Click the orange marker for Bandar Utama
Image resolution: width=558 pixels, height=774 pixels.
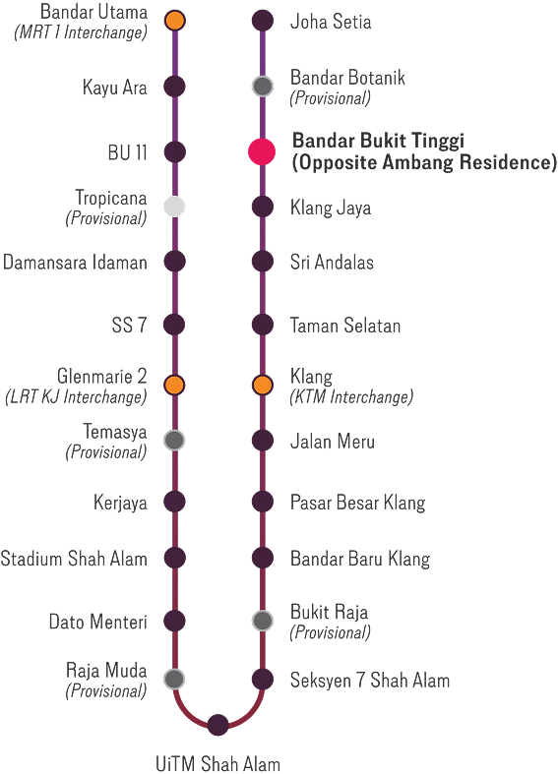tap(175, 21)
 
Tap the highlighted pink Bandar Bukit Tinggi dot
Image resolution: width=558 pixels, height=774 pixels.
tap(262, 151)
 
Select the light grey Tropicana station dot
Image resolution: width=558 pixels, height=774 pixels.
tap(174, 207)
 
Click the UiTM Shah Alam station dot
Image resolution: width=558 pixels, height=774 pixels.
tap(217, 725)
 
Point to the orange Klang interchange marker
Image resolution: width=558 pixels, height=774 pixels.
tap(262, 385)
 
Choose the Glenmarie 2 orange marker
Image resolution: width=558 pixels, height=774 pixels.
tap(174, 385)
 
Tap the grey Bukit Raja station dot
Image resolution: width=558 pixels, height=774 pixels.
tap(262, 621)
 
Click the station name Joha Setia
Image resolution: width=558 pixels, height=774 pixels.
tap(331, 22)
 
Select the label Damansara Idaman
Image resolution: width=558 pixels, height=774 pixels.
tap(75, 263)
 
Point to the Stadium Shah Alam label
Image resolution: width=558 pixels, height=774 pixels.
tap(74, 559)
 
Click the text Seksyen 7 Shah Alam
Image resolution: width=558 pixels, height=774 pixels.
tap(370, 681)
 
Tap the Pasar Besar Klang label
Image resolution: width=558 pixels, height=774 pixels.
tap(357, 503)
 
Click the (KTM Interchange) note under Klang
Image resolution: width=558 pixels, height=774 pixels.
tap(351, 396)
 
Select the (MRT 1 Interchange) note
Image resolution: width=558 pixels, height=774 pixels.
tap(81, 32)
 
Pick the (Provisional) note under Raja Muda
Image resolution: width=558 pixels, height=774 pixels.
tap(106, 691)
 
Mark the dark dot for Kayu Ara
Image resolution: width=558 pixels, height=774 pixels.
tap(174, 87)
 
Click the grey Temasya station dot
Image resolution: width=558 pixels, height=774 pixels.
tap(174, 440)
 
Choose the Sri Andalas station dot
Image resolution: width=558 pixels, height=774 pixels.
tap(262, 262)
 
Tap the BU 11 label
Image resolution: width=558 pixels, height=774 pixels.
tap(127, 152)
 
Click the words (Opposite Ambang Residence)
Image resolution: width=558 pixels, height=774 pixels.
tap(424, 162)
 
